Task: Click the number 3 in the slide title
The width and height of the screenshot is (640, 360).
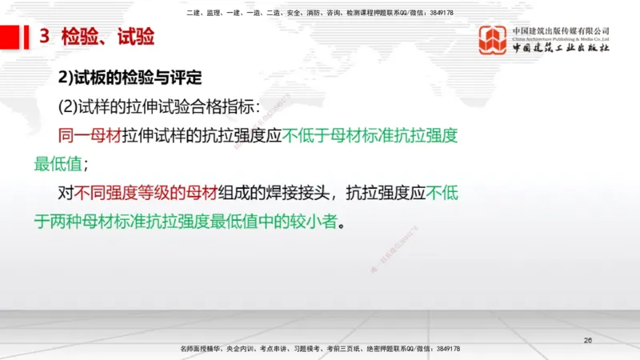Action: pyautogui.click(x=45, y=37)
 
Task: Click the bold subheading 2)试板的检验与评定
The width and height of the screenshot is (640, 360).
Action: pyautogui.click(x=127, y=78)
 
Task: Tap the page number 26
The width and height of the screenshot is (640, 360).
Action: pyautogui.click(x=588, y=341)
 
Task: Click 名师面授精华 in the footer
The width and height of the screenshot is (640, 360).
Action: pyautogui.click(x=202, y=350)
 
